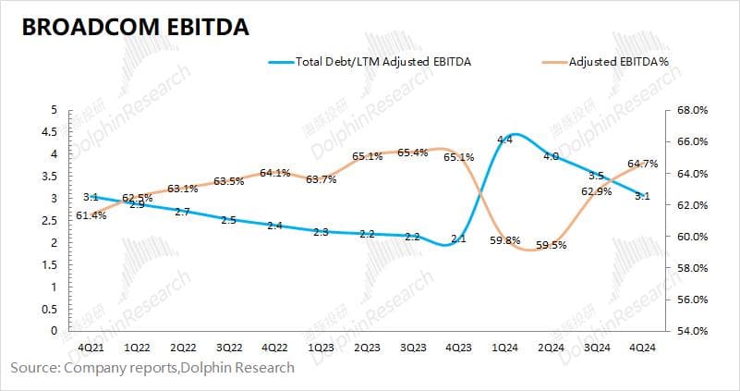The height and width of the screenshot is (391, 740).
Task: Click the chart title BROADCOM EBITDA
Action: click(x=135, y=28)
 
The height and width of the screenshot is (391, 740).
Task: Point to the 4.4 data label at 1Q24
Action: click(x=504, y=140)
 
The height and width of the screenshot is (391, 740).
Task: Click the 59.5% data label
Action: click(x=552, y=246)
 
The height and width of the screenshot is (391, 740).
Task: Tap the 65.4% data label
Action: click(x=412, y=153)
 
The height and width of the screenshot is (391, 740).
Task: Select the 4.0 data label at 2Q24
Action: click(x=551, y=156)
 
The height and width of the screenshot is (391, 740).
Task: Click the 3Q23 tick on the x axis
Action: click(x=412, y=348)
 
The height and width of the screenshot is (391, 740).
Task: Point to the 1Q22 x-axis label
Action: click(x=137, y=348)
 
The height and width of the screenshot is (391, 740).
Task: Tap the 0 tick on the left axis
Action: click(x=55, y=330)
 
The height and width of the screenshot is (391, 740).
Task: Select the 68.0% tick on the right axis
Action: click(x=692, y=110)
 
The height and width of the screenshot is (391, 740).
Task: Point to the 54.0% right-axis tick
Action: click(x=692, y=330)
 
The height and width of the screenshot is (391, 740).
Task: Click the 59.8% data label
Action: click(x=504, y=242)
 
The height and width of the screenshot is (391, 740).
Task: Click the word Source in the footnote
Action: click(x=33, y=367)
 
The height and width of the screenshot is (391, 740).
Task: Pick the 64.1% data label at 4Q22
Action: click(x=275, y=172)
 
